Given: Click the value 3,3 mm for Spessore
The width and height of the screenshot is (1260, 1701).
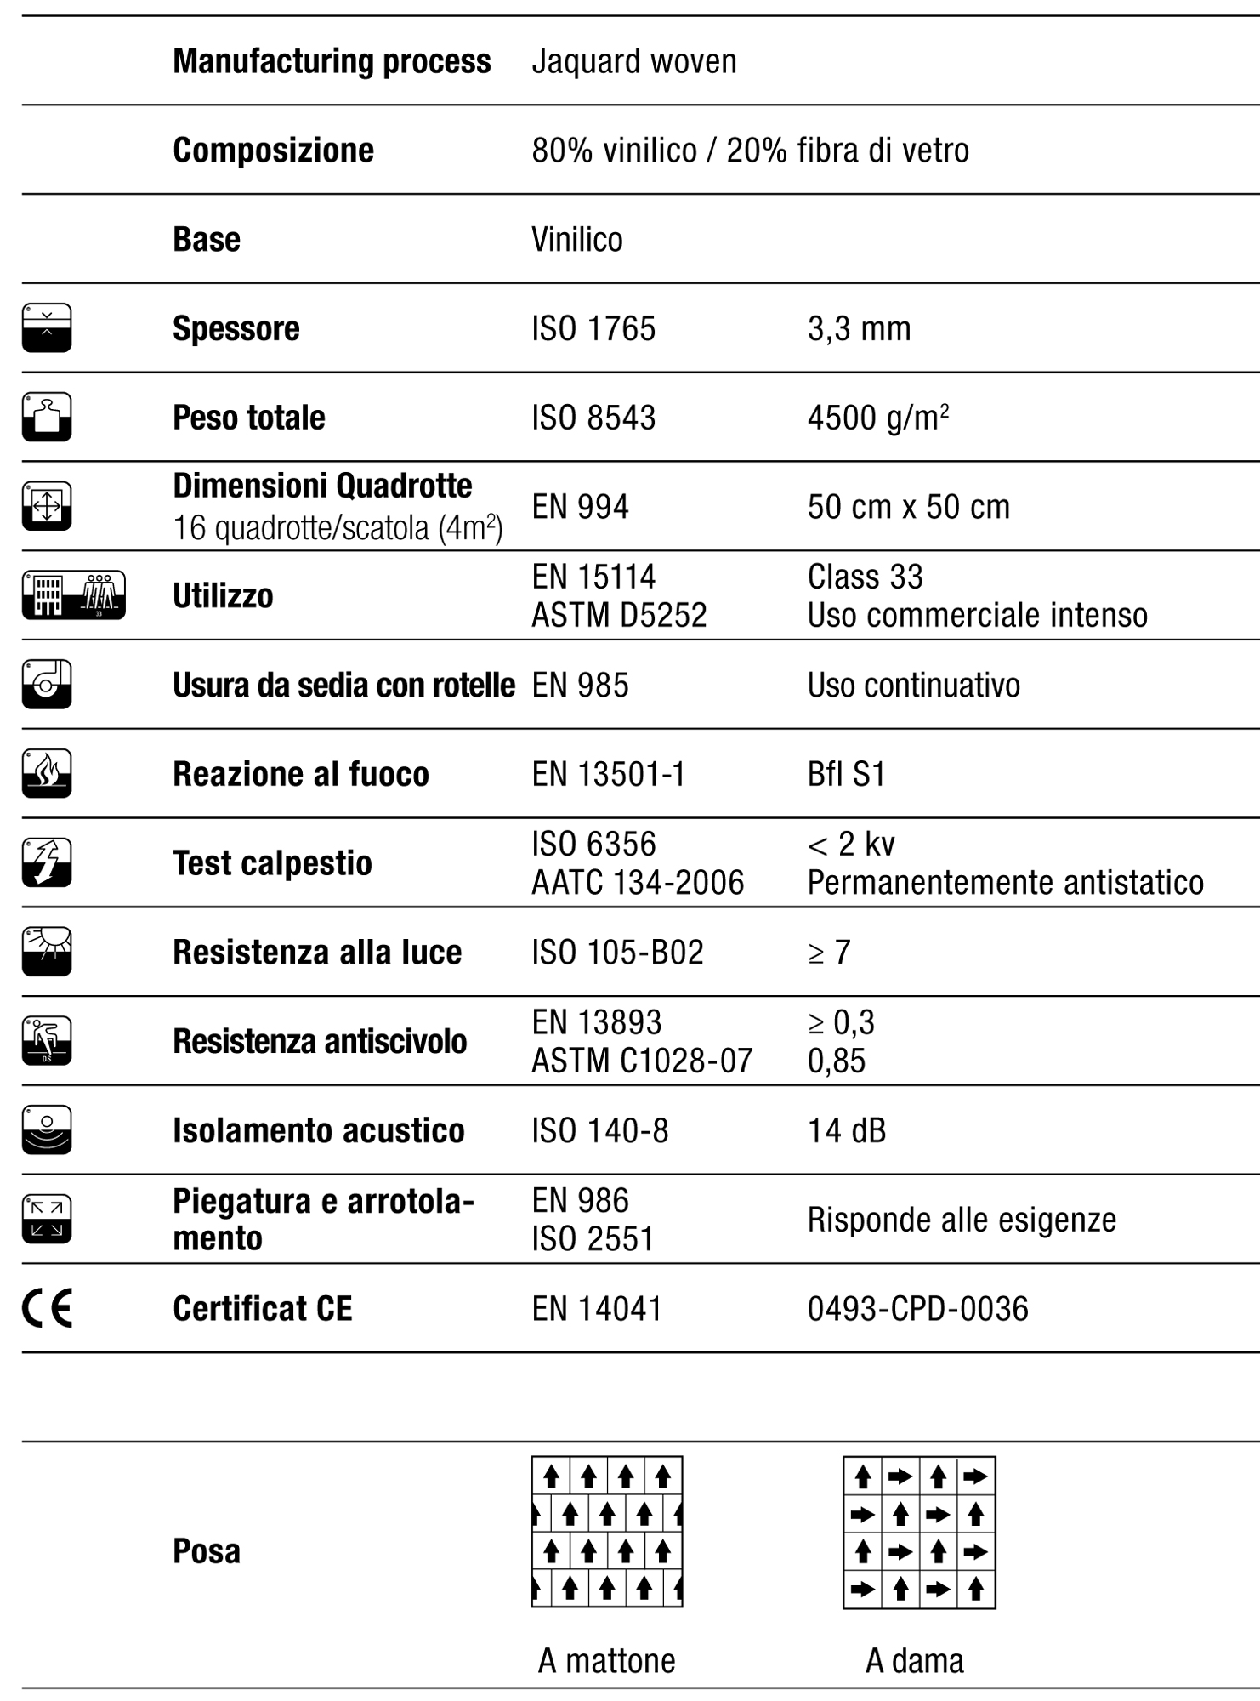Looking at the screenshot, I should coord(859,329).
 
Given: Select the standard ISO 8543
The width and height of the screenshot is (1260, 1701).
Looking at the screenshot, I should coord(593,418).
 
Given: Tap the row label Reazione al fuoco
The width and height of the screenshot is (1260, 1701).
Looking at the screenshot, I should coord(300,774).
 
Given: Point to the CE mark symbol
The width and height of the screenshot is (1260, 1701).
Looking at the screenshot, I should coord(47,1308).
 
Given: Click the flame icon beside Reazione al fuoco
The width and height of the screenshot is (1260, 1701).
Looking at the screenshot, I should coord(47,773).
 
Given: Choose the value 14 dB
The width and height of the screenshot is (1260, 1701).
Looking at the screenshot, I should coord(846,1130).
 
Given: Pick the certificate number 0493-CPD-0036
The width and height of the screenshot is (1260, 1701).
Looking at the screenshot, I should coord(917,1309).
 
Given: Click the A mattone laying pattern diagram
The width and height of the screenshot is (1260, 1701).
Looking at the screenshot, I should coord(607,1531).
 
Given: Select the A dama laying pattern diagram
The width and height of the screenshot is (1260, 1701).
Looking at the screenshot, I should coord(919,1532).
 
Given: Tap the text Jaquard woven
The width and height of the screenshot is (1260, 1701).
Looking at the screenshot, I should coord(633,62).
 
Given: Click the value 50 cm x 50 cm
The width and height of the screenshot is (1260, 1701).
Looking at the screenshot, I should coord(908,507).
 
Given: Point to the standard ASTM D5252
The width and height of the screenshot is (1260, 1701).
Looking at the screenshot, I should coord(619,615).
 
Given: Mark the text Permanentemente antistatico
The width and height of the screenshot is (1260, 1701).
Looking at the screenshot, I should coord(1005,883).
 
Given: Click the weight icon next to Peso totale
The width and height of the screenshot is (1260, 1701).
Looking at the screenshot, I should coord(47,417).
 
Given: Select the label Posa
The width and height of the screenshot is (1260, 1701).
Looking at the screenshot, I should coord(207,1551).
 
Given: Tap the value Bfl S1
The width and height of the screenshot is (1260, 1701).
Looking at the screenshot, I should coord(846,774).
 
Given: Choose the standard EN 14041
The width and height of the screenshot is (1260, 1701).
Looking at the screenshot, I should coord(597,1309).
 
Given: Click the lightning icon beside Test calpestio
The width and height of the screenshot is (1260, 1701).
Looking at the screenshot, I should coord(47,862).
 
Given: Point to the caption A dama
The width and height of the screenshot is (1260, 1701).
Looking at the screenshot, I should coord(915,1661).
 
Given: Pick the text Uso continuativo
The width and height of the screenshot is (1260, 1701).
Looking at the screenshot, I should coord(913,686).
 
